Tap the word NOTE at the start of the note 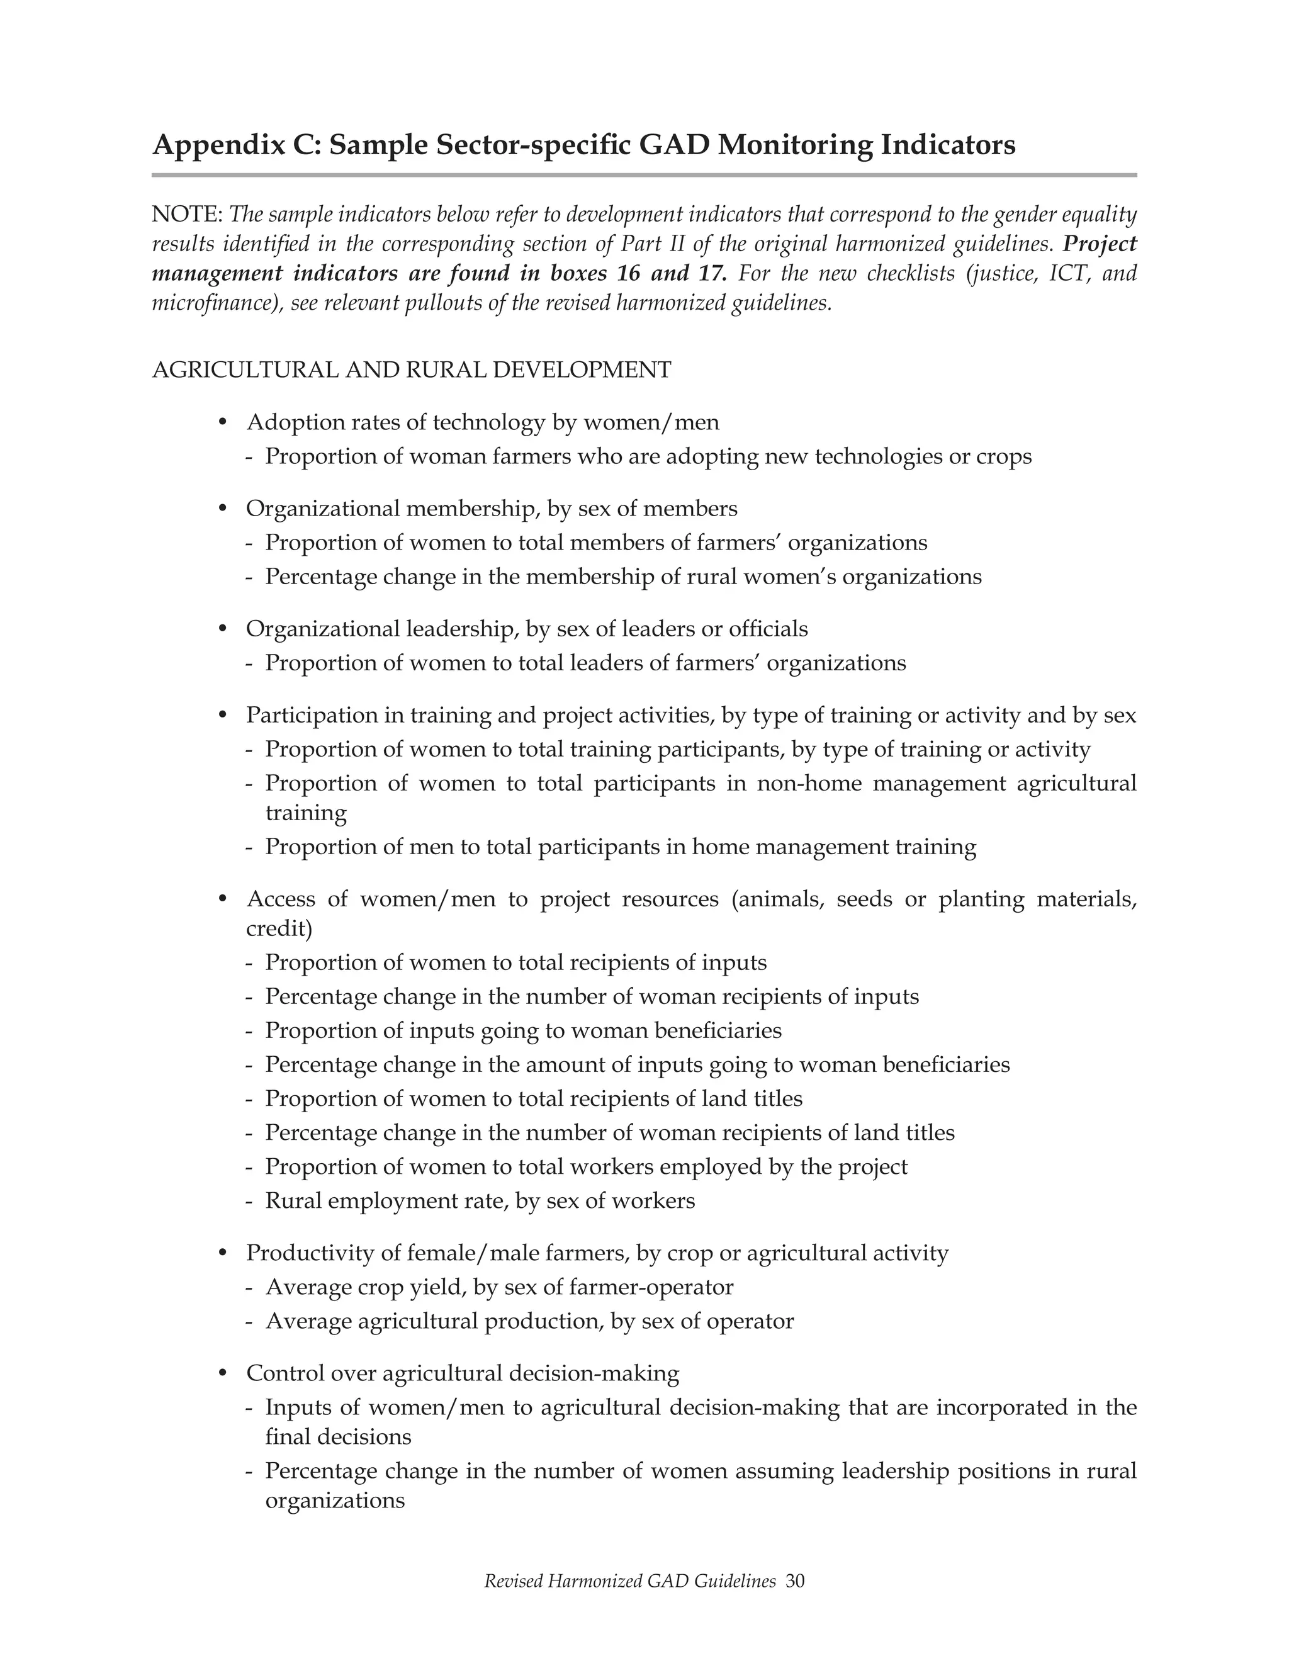186,215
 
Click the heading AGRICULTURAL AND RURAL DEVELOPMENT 412,369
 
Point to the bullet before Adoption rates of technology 223,422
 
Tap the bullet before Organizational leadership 223,629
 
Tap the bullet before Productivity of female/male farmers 223,1253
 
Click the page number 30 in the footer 795,1581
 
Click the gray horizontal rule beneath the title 644,175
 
